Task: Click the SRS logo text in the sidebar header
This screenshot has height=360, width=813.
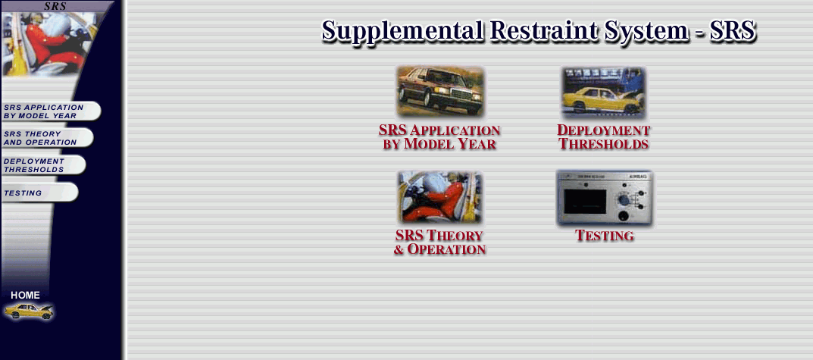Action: pos(55,6)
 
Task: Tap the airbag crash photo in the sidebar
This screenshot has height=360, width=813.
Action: pos(49,43)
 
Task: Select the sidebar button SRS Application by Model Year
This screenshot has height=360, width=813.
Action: pos(51,111)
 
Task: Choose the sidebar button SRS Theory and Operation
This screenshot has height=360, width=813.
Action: pos(47,137)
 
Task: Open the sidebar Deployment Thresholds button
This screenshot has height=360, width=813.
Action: pos(43,165)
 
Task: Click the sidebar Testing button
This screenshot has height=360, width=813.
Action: pos(40,193)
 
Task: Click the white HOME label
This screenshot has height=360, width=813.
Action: pos(26,295)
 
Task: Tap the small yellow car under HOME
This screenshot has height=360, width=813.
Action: pos(29,311)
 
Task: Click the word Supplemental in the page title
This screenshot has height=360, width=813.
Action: pos(402,31)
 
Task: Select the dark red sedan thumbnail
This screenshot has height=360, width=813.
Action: pos(440,91)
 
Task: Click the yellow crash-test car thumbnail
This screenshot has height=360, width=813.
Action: pos(604,92)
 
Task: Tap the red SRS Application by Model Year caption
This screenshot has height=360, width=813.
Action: pos(439,137)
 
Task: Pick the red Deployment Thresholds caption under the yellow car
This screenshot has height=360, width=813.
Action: pos(604,137)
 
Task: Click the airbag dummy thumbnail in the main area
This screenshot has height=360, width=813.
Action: pos(439,197)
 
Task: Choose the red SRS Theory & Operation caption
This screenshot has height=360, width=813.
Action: pos(439,243)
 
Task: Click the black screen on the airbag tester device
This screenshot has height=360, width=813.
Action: pos(585,202)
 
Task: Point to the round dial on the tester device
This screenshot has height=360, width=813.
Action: pos(624,200)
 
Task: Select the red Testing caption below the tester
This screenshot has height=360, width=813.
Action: pos(605,236)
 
